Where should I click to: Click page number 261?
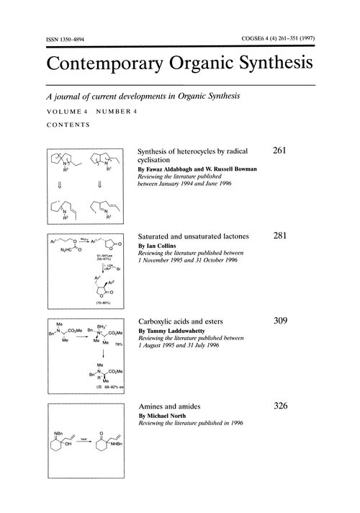282,151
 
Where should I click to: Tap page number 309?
282,321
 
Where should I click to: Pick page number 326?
282,406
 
